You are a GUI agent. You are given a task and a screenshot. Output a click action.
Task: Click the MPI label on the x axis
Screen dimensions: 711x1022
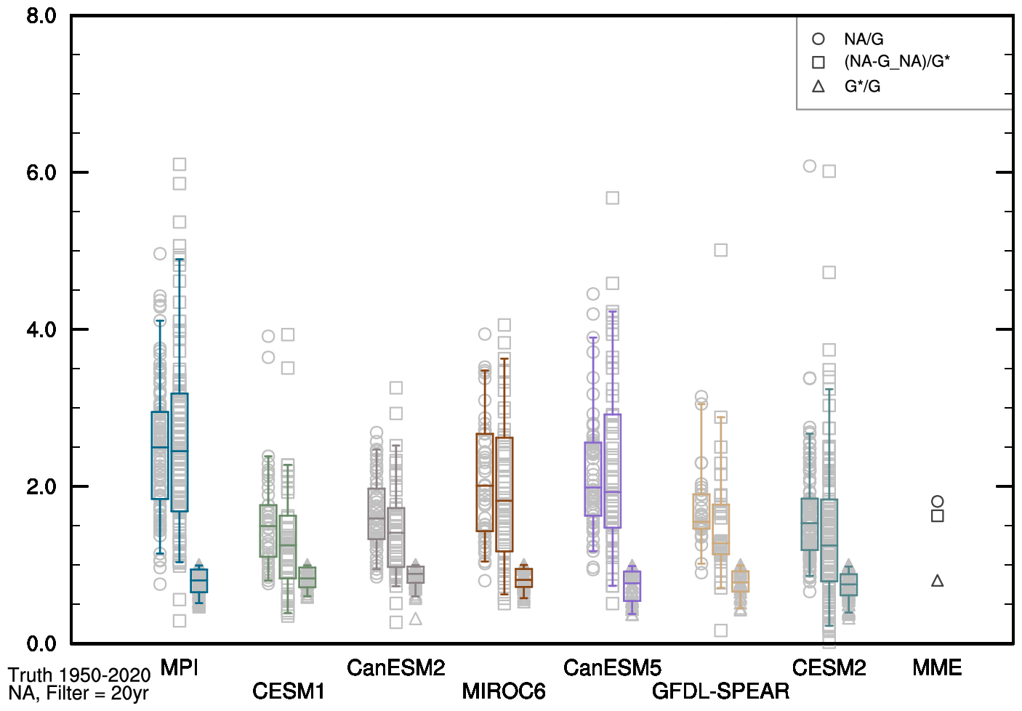[179, 667]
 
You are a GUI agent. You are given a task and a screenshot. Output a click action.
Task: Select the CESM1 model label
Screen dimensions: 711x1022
[288, 691]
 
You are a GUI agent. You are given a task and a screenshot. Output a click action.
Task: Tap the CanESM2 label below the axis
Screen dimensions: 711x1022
[395, 667]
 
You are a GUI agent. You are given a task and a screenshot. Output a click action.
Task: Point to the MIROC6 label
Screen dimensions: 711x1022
[503, 691]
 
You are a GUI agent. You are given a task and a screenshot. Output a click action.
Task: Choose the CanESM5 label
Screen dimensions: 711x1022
[612, 667]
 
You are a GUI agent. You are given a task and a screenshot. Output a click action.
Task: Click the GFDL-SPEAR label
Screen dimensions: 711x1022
[720, 691]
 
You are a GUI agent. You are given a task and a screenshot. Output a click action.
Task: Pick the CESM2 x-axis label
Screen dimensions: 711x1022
[829, 667]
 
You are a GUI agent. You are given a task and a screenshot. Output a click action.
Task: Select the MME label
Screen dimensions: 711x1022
[937, 667]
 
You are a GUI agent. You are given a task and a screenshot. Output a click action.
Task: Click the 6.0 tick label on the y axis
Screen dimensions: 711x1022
[41, 173]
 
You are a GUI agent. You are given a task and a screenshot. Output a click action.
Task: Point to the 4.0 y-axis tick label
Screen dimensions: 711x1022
[41, 330]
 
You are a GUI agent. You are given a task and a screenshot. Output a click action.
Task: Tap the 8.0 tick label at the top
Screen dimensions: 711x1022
[41, 16]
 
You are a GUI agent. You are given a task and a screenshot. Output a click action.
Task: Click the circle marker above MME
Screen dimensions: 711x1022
[938, 502]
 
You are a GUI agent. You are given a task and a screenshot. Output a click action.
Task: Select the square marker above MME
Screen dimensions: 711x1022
[938, 516]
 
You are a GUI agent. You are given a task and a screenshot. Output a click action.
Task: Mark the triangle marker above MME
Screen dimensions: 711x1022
[938, 581]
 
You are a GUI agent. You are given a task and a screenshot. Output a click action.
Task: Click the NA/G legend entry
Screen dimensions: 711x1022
[864, 39]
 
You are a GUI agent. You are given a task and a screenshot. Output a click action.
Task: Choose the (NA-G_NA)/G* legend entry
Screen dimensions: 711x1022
[896, 62]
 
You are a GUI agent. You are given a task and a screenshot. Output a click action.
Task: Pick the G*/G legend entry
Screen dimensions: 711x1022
[862, 87]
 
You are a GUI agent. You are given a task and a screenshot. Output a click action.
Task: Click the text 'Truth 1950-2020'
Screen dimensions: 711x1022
[79, 675]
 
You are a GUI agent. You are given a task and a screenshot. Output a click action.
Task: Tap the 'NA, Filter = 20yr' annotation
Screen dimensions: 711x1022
[79, 694]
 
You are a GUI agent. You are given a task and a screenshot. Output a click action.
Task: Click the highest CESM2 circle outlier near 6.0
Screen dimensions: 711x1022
[810, 166]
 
